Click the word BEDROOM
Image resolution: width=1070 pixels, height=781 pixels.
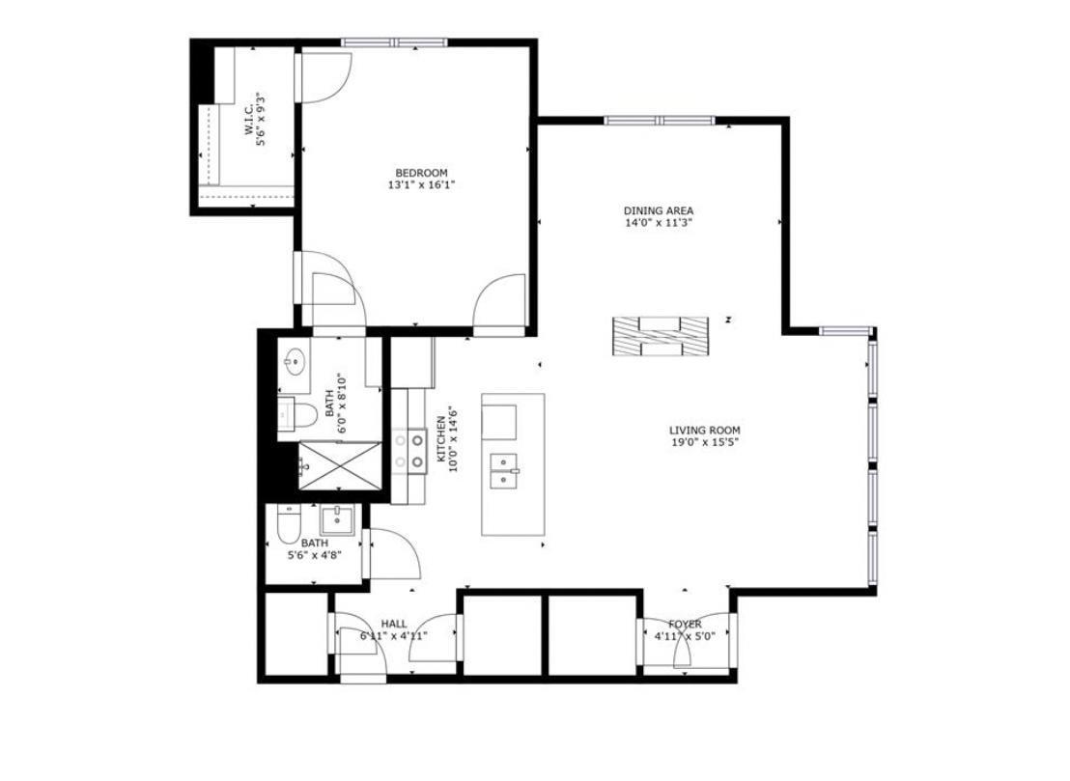[421, 173]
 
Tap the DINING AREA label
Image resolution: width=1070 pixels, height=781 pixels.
[659, 210]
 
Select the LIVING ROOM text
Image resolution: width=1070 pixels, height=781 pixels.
[705, 431]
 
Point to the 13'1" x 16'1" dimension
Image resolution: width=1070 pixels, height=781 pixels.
[421, 185]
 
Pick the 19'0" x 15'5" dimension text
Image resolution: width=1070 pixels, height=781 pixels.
[705, 443]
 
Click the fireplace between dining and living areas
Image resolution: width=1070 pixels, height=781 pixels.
[662, 335]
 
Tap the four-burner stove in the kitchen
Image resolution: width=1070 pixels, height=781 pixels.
[410, 451]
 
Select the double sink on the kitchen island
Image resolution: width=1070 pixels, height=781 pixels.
[503, 472]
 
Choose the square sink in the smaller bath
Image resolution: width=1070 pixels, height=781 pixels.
[338, 519]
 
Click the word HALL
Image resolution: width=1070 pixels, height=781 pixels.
[394, 624]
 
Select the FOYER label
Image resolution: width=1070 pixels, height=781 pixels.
[685, 625]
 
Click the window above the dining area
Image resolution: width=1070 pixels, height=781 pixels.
[660, 121]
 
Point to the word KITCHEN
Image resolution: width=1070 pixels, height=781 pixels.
[441, 438]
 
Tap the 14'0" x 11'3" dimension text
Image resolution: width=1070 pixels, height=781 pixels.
[659, 223]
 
